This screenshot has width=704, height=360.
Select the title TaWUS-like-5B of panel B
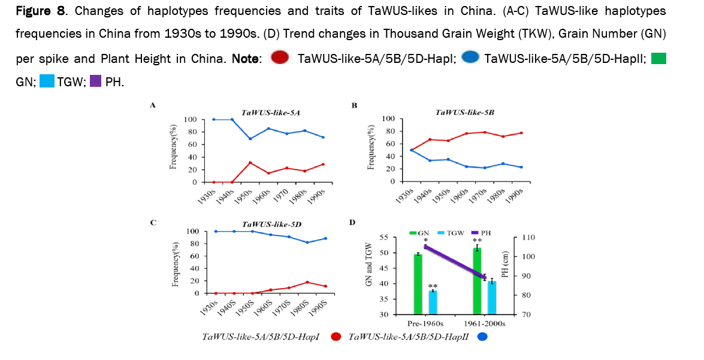point(464,111)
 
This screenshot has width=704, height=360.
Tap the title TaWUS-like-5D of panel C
point(271,223)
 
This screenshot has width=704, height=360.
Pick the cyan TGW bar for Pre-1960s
point(433,302)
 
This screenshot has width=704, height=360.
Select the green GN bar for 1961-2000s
point(478,281)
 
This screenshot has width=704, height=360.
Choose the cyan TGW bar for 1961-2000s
point(492,297)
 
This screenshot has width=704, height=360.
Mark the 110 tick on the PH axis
point(531,238)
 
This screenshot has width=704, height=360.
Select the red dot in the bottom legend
point(335,337)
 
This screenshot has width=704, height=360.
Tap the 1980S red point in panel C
point(307,282)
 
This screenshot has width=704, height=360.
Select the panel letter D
point(353,223)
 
